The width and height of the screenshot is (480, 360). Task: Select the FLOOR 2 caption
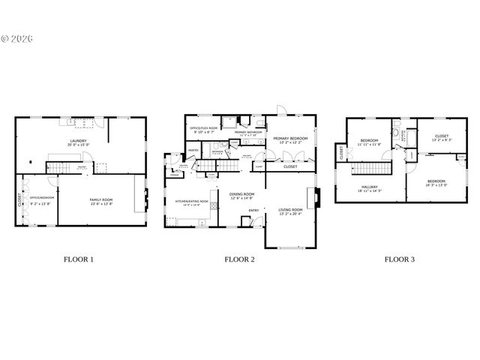[239, 259]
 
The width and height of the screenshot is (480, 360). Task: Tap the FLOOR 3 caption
[400, 259]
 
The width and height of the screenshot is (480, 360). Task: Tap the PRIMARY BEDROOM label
[291, 138]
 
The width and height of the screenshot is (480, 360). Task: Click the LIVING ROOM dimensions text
[291, 213]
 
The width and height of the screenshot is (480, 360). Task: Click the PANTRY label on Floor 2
[193, 150]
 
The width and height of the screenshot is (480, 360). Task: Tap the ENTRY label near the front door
[254, 210]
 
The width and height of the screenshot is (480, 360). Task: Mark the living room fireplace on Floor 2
[318, 196]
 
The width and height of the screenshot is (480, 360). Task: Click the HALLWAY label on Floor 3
[368, 187]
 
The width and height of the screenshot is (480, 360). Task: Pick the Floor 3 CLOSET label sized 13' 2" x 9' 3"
[442, 136]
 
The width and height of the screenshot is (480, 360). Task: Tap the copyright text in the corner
[19, 37]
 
